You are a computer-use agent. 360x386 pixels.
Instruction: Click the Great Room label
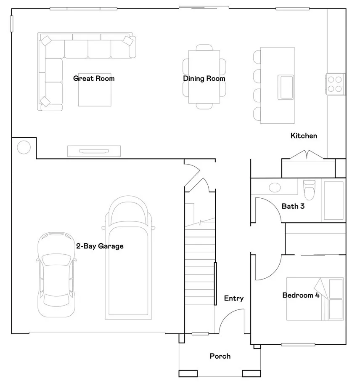tap(94, 78)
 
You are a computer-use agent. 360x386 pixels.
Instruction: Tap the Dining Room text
tap(204, 78)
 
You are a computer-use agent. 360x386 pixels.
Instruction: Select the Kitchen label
tap(304, 136)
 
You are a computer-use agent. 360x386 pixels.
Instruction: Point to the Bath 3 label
tap(293, 206)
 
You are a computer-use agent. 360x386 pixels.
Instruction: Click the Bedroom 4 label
tap(301, 295)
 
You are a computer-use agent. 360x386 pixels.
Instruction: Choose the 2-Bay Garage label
tap(100, 246)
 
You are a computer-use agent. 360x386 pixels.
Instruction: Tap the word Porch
tap(220, 356)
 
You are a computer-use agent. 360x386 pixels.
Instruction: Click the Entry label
tap(233, 298)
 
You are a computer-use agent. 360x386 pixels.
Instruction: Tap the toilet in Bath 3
tap(309, 190)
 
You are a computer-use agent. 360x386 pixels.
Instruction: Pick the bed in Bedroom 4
tap(315, 299)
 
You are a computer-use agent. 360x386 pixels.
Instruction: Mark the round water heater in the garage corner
tap(24, 147)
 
